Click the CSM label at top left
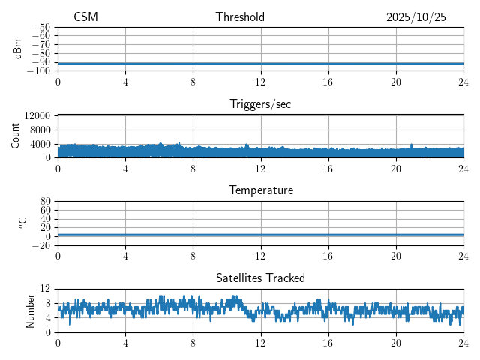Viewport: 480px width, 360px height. pos(85,17)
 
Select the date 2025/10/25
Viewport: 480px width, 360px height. pos(416,17)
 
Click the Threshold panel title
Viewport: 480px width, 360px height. pos(240,17)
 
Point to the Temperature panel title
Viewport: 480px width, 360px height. pos(260,190)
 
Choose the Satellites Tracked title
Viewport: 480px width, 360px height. pos(260,277)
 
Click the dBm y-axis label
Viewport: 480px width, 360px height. pos(18,49)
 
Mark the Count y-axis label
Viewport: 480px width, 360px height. pos(16,136)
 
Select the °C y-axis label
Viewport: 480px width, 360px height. pos(22,223)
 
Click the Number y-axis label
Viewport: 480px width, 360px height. pos(30,310)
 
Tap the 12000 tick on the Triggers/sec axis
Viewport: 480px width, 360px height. pos(37,116)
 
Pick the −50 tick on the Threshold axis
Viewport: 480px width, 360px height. pos(40,27)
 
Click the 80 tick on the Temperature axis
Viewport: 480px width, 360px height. pos(45,202)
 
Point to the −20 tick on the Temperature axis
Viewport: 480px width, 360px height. pos(40,245)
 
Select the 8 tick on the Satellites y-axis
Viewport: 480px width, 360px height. pos(47,303)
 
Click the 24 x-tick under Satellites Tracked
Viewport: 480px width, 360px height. pos(463,342)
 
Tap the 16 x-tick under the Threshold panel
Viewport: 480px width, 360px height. pos(328,81)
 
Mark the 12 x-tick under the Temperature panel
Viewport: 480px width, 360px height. pos(260,255)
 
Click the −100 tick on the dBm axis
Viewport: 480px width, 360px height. pos(38,71)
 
